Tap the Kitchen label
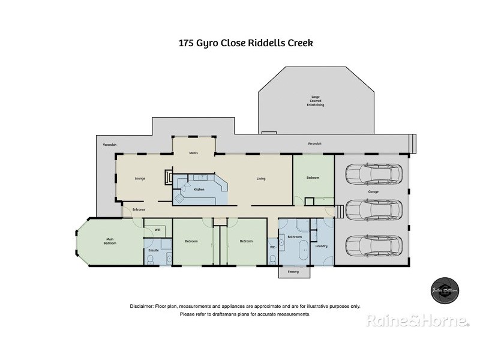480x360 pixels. click(x=199, y=189)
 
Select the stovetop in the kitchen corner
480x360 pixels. click(x=179, y=197)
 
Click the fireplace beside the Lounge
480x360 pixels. click(x=169, y=178)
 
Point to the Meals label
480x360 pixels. click(x=194, y=153)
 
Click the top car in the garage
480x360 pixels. click(x=372, y=174)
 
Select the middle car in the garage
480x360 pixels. click(x=372, y=209)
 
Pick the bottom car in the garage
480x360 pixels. click(x=372, y=245)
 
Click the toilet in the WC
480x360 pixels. click(x=273, y=259)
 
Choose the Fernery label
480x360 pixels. click(x=294, y=271)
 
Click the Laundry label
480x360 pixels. click(x=320, y=246)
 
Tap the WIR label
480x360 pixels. click(x=157, y=230)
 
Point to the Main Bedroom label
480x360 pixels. click(x=110, y=242)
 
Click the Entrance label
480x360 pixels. click(x=139, y=209)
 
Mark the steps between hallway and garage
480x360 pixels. click(x=338, y=211)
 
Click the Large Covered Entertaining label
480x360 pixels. click(x=316, y=101)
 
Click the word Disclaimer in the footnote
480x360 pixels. click(x=142, y=306)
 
